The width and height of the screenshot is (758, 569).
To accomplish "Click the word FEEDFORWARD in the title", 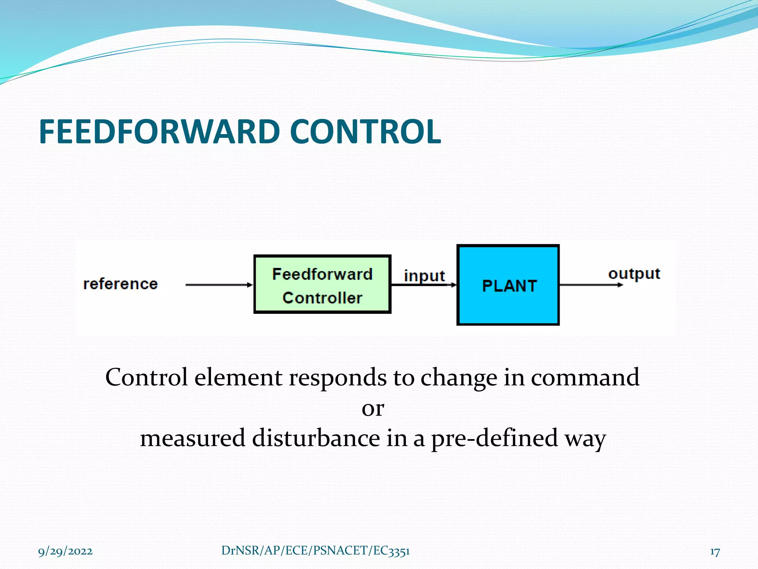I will [x=159, y=132].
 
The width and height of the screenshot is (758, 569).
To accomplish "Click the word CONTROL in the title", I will [x=365, y=132].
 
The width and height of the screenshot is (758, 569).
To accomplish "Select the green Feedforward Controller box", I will [x=322, y=284].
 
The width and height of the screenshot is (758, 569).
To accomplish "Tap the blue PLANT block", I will [x=508, y=285].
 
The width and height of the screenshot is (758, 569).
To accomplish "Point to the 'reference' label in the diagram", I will [x=121, y=284].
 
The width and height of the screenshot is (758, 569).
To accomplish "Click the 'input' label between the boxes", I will [x=424, y=276].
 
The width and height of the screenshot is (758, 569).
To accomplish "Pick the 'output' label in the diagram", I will [x=634, y=274].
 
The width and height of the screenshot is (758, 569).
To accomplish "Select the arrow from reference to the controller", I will [x=218, y=285].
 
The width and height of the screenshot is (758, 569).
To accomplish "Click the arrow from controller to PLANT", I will [x=424, y=285].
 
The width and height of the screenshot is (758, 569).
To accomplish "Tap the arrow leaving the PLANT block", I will [x=591, y=285].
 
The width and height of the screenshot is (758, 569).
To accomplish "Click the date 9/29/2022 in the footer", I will [x=65, y=552].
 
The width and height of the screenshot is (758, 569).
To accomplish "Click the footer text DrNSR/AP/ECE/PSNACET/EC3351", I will [x=315, y=551].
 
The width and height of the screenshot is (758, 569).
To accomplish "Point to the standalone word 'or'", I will [x=373, y=409].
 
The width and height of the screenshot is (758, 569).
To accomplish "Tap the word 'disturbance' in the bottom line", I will [x=316, y=438].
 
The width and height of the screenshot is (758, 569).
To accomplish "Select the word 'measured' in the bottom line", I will [x=193, y=438].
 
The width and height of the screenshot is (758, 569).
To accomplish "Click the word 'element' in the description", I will [x=238, y=377].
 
